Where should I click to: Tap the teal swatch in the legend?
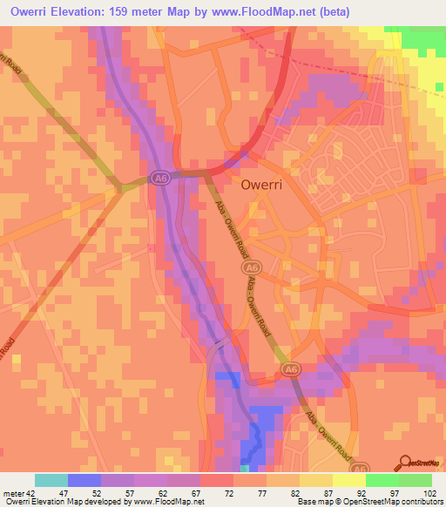coord(51,480)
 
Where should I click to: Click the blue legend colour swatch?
coord(84,480)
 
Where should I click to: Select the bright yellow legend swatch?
coord(348,480)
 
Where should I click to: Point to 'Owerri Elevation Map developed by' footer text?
coord(66,502)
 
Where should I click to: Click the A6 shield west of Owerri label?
coord(158,178)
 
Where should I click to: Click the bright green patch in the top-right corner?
coord(426,38)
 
